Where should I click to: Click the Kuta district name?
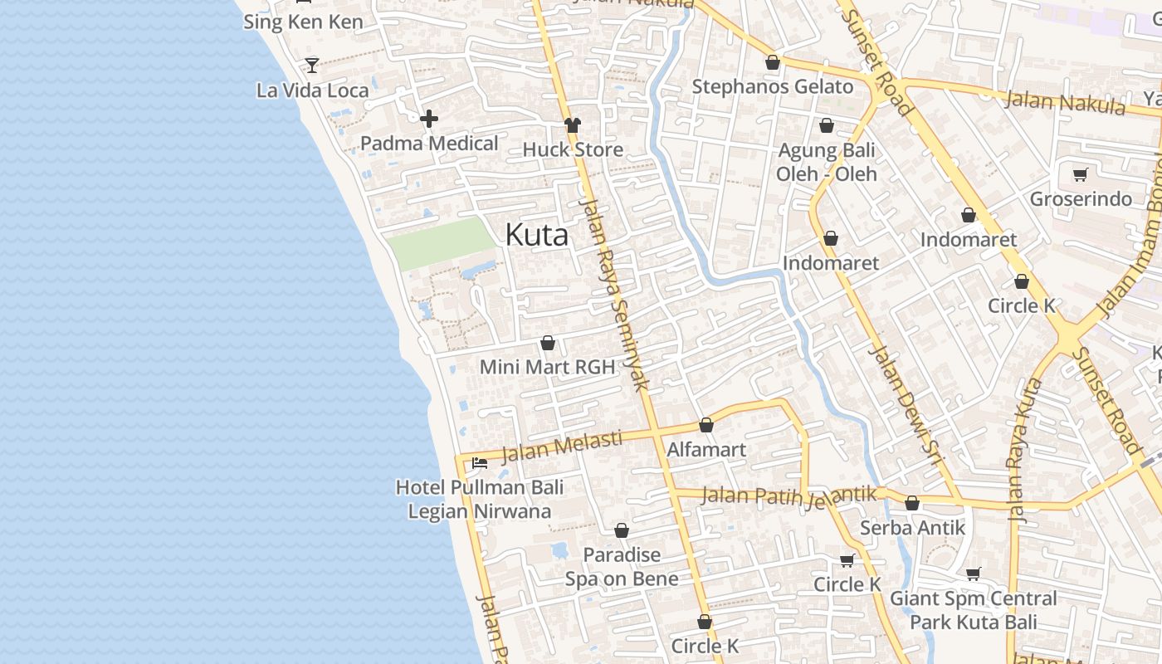(537, 235)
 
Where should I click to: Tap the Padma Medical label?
(429, 144)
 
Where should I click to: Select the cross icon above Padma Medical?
(429, 120)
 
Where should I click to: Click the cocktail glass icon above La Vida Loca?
(312, 65)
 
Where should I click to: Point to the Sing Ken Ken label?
(303, 22)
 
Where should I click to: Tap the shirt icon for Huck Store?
(573, 125)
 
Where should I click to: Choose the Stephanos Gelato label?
(772, 86)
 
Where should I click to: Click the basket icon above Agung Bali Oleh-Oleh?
(827, 126)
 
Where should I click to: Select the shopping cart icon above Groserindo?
(1080, 174)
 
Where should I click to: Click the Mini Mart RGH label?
(547, 367)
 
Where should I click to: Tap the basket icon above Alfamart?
(706, 426)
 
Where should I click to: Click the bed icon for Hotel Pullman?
(479, 463)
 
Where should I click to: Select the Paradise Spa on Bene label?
(622, 567)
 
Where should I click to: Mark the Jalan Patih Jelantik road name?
(788, 496)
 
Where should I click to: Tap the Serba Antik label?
(912, 528)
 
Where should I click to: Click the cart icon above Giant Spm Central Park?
(974, 574)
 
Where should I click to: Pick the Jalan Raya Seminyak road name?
(615, 295)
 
